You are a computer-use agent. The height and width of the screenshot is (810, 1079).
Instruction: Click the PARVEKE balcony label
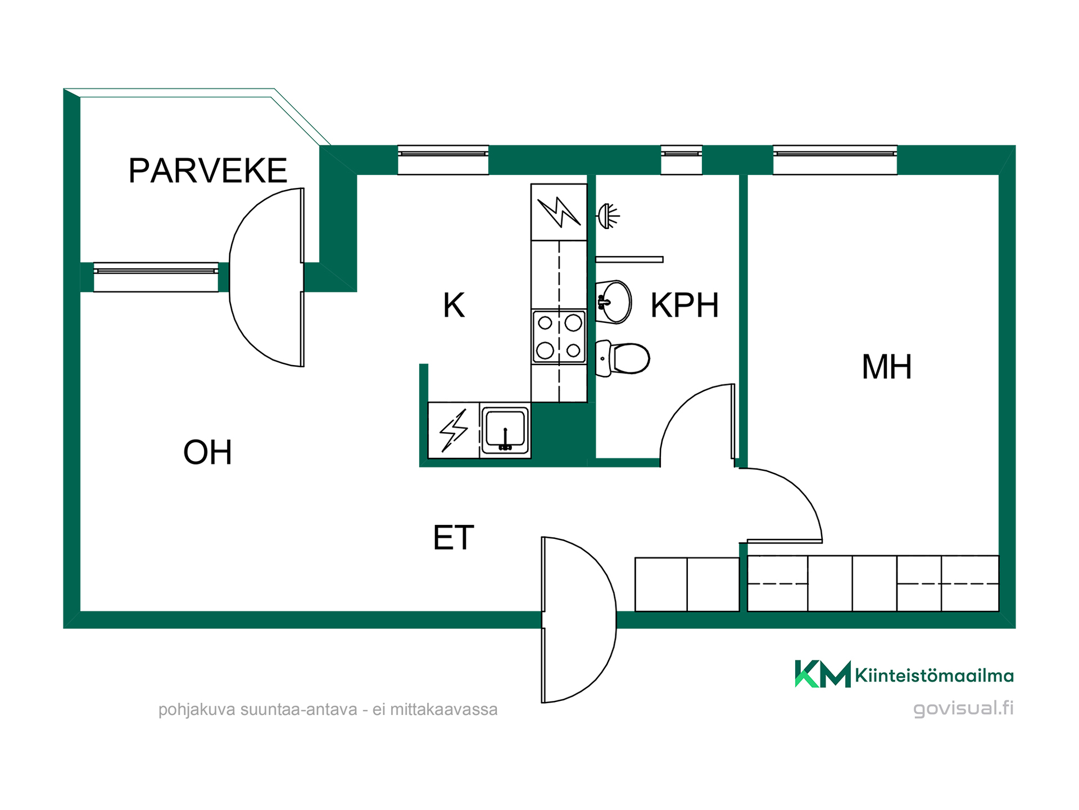pos(208,170)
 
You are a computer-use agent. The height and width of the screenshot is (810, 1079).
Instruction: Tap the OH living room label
pos(207,452)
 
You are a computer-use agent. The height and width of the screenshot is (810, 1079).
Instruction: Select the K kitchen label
pos(454,305)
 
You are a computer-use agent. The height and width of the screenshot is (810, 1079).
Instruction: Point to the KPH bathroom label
pos(684,305)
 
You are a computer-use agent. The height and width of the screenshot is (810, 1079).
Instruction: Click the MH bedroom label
pos(886,367)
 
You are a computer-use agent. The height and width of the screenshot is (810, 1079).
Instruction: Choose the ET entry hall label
pos(454,537)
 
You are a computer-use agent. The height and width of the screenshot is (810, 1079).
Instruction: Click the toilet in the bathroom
pos(623,358)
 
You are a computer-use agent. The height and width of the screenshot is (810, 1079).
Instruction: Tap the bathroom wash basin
pos(614,302)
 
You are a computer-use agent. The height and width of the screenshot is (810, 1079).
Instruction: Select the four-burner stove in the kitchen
pos(559,336)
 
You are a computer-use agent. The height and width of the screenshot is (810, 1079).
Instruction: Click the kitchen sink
pos(505,430)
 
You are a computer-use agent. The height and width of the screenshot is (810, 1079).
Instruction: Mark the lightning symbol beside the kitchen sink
pos(454,430)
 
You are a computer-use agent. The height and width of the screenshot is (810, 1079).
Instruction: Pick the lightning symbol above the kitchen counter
pos(559,211)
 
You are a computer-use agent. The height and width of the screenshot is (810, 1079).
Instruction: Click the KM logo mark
pos(823,673)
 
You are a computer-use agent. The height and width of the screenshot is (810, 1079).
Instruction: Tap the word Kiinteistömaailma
pos(934,675)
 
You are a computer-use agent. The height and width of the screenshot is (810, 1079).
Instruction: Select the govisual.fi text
pos(963,708)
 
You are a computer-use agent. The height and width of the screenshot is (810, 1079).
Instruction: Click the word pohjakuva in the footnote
pos(197,710)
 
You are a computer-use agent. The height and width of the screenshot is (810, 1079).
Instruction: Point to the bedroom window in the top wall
pos(835,160)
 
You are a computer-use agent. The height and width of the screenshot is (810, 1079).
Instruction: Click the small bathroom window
pos(682,160)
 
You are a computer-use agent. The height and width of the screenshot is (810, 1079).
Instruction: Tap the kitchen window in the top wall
pos(443,160)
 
